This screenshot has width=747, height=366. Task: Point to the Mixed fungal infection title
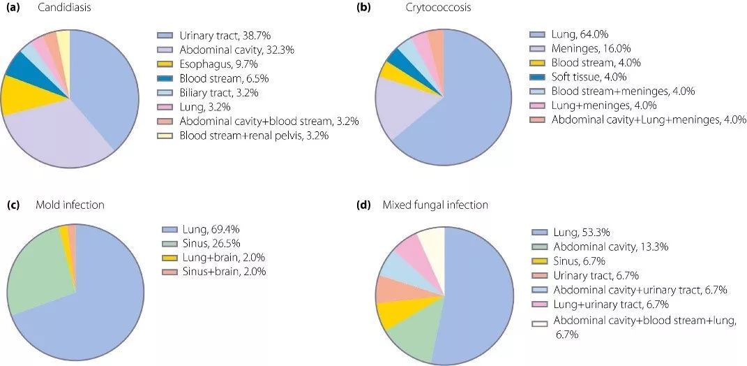click(435, 205)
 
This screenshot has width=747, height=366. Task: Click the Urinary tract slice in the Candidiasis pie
click(105, 91)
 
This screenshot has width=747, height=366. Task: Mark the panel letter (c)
click(13, 205)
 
